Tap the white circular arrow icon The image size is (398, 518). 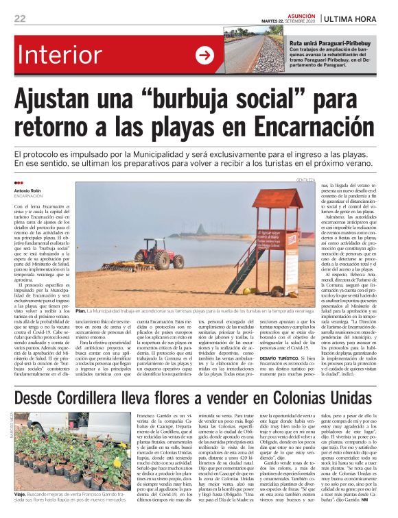tap(204, 56)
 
